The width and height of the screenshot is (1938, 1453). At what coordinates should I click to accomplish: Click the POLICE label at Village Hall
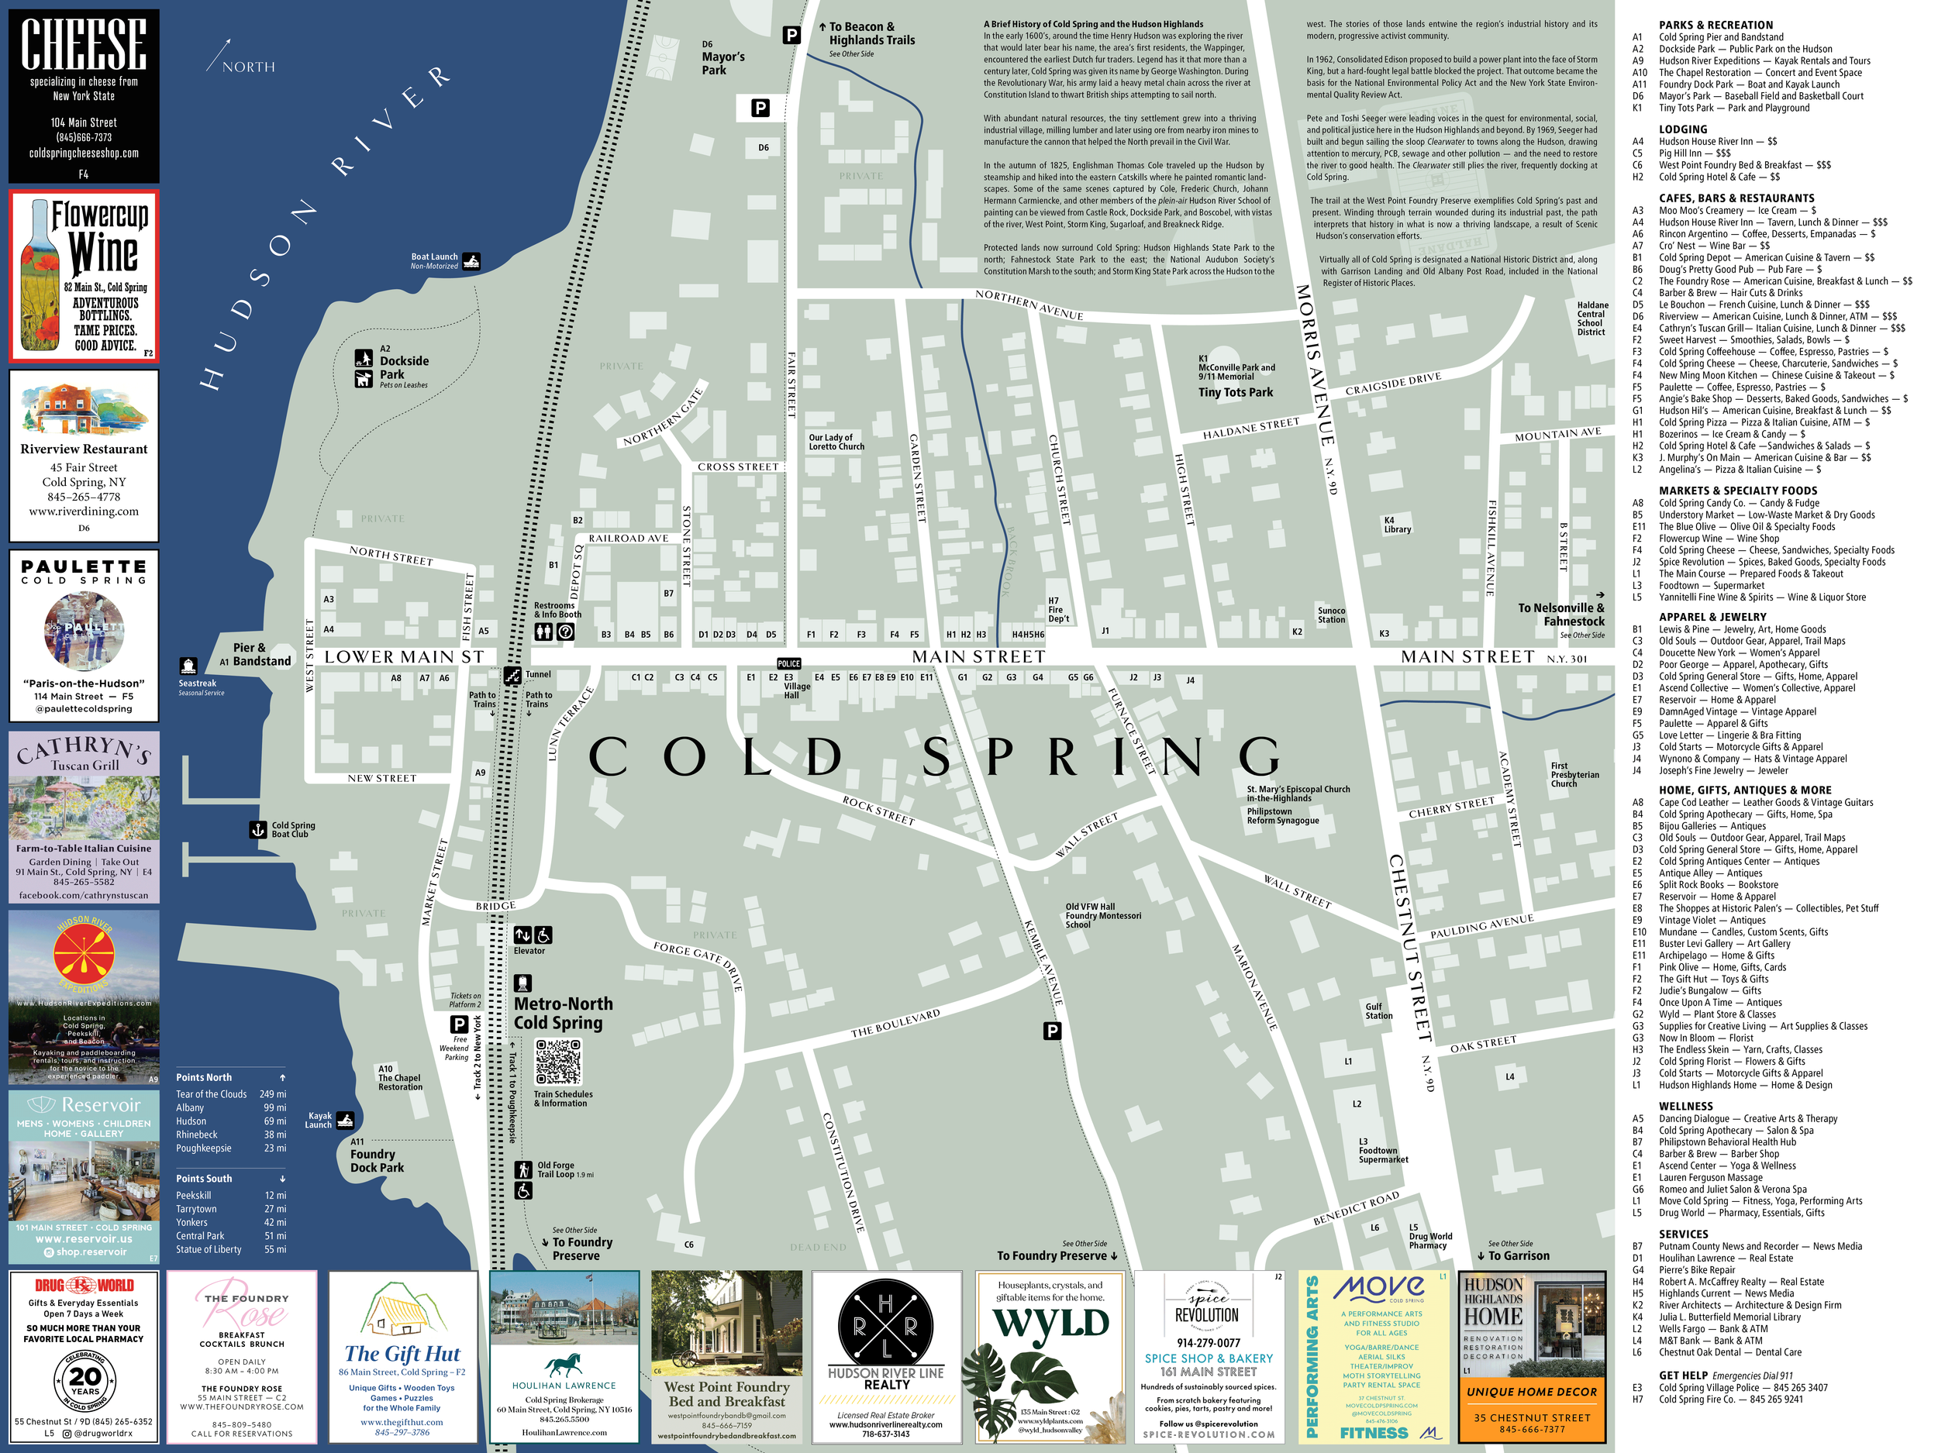[x=788, y=664]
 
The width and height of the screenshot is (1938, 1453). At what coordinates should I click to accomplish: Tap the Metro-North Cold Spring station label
[x=563, y=1014]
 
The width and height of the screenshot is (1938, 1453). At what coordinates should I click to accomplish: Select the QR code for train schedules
[x=558, y=1062]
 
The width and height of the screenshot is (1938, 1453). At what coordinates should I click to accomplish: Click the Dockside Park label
[x=403, y=367]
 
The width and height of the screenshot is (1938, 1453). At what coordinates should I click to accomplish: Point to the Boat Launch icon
[x=471, y=261]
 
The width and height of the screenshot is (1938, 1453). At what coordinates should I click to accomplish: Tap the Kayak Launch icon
[x=345, y=1121]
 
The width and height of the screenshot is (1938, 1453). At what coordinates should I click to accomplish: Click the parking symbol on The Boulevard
[x=1052, y=1031]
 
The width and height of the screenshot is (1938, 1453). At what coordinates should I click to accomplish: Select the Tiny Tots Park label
[x=1236, y=392]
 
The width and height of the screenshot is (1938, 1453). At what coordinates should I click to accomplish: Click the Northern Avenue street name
[x=1029, y=305]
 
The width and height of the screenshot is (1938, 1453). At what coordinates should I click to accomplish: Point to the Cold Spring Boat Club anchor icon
[x=257, y=829]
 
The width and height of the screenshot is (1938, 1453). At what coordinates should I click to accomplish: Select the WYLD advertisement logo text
[x=1050, y=1324]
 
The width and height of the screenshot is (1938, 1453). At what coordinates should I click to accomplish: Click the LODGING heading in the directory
[x=1682, y=129]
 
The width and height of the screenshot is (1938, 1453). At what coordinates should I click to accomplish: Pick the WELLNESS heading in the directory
[x=1685, y=1106]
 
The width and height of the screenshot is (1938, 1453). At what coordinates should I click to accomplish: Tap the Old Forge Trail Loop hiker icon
[x=523, y=1170]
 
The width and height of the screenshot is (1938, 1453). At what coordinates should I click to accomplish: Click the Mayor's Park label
[x=722, y=63]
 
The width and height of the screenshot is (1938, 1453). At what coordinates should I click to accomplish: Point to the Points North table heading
[x=204, y=1077]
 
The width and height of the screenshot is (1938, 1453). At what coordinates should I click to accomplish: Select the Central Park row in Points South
[x=229, y=1236]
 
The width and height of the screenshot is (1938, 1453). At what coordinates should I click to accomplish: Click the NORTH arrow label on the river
[x=248, y=67]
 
